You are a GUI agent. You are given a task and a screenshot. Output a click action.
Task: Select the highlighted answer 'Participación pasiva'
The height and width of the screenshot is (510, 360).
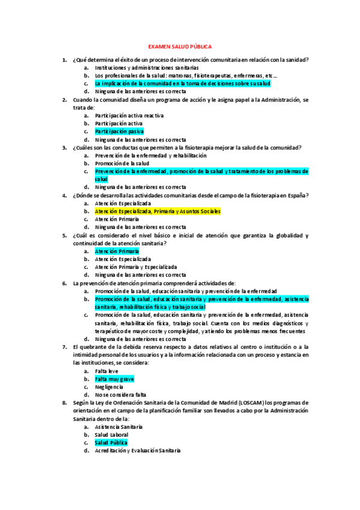tap(119, 131)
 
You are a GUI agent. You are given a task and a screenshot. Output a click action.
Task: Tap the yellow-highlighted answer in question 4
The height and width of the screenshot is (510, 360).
tap(157, 212)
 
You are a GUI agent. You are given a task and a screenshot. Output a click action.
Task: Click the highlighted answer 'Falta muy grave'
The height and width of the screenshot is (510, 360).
tap(114, 379)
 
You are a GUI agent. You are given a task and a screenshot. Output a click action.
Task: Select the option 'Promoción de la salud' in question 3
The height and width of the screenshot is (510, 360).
tap(122, 164)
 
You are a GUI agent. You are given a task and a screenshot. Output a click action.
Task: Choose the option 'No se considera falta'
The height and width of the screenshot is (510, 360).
tap(120, 395)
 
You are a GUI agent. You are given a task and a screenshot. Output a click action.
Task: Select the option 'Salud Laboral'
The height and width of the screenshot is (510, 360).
tap(112, 435)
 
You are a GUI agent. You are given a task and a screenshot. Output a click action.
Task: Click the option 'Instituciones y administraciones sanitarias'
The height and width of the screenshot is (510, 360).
tap(147, 68)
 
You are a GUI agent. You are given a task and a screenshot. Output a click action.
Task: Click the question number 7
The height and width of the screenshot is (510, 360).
tap(64, 347)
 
